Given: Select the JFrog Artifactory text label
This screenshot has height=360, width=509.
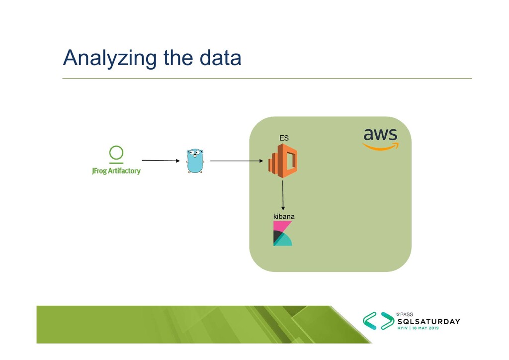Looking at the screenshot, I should click(116, 171).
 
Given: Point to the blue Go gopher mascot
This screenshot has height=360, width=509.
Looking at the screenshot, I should click(195, 161).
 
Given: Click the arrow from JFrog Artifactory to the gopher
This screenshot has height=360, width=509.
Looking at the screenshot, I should click(160, 161).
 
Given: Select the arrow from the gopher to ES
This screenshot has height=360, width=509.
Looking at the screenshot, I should click(236, 161).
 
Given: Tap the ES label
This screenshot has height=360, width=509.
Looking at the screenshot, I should click(284, 138).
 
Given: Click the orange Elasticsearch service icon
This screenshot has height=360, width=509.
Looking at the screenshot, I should click(283, 160).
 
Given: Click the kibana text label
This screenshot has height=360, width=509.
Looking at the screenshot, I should click(284, 217).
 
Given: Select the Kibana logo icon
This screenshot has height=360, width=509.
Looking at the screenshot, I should click(283, 234).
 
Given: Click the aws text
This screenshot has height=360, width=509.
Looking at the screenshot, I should click(380, 134).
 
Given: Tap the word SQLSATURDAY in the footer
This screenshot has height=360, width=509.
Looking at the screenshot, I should click(428, 322).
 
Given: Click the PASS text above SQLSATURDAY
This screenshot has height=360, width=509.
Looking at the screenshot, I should click(404, 314).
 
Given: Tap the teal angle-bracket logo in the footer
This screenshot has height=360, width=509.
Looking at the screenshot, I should click(378, 321).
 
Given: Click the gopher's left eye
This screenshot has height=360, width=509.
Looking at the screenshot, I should click(191, 152).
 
